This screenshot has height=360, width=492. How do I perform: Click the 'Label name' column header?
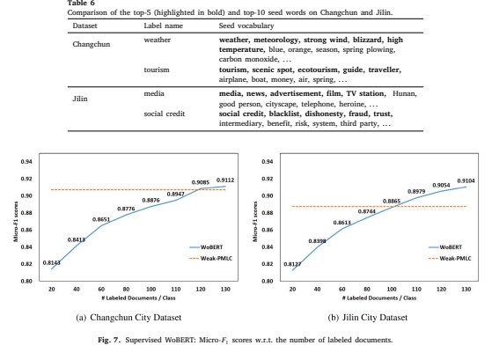point(163,26)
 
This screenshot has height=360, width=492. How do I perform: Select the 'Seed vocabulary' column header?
point(246,26)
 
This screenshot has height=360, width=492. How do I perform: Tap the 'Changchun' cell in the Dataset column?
point(92,44)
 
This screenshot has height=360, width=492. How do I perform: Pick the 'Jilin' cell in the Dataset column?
point(80,99)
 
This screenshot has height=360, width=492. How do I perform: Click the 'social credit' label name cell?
point(164,114)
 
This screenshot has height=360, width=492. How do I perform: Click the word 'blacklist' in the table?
point(284,114)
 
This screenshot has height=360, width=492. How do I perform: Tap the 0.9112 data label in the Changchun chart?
point(225,180)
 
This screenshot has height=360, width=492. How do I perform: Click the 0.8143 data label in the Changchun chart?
point(51,262)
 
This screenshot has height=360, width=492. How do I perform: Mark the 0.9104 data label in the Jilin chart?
point(466,180)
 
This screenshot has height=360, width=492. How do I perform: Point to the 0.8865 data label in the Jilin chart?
point(392,202)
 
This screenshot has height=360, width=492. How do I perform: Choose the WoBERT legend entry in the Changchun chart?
point(206,247)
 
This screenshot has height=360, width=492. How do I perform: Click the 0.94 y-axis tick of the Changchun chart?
point(26,162)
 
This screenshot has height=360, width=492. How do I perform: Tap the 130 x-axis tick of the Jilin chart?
point(466,289)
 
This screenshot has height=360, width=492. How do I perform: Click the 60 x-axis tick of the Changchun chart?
point(101,289)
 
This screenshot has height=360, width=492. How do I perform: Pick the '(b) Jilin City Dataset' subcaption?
point(367,318)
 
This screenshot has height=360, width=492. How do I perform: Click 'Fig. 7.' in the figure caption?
point(109,340)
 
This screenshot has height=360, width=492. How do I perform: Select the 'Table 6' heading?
point(81,4)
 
